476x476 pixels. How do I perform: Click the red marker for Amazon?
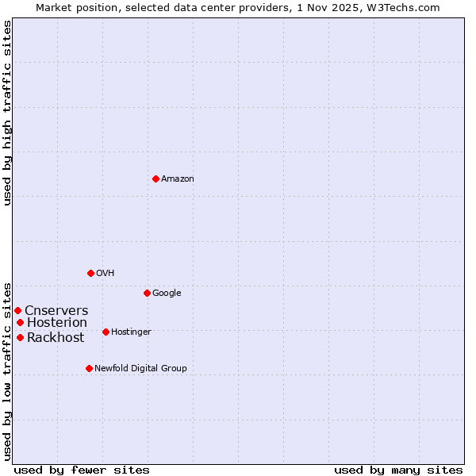155,178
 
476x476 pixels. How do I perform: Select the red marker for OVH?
90,273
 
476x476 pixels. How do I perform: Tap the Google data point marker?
147,293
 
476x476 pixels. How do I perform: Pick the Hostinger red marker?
106,332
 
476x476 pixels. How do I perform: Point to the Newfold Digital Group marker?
89,368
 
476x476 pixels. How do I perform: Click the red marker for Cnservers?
17,310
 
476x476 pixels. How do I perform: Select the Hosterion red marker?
20,322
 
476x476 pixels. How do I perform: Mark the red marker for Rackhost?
20,337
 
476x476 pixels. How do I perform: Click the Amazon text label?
178,179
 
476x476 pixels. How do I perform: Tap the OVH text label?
106,274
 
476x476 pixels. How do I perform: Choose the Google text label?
167,294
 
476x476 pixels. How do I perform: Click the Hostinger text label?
131,332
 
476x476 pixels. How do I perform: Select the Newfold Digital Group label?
140,369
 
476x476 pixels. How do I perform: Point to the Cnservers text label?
56,311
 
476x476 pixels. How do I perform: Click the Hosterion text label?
57,323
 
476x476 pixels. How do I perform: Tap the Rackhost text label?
56,338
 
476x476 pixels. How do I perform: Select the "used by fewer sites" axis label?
82,470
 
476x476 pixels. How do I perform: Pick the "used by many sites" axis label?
398,470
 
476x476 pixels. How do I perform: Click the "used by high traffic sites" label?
8,113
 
